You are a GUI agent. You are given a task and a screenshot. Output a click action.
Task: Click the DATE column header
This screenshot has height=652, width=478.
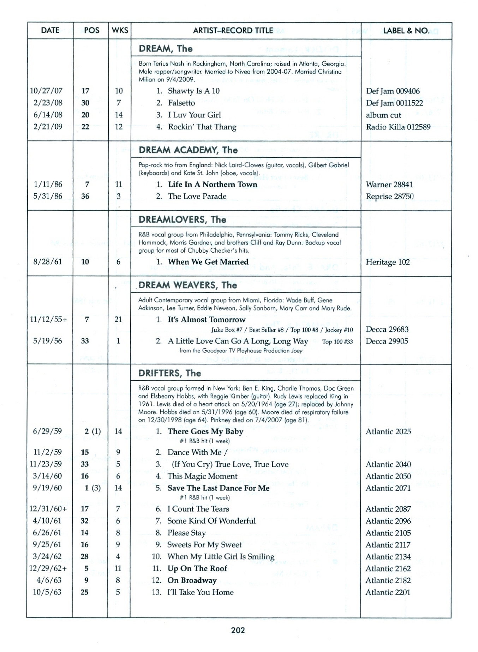point(50,31)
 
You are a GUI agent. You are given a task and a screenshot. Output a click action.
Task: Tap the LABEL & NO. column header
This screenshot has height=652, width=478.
point(406,31)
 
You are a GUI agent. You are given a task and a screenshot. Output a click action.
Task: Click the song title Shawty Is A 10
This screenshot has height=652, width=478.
point(193,91)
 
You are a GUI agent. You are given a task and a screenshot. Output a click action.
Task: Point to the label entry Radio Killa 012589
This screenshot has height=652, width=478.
point(398,127)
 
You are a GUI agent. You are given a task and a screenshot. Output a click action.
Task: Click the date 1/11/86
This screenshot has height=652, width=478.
point(48,184)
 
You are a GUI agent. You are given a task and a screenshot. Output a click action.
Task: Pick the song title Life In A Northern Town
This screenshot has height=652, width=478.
point(213,184)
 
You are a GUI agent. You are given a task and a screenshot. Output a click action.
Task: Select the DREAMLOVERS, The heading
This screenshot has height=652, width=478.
point(182,219)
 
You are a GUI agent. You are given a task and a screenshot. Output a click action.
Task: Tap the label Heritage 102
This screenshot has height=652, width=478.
point(388,262)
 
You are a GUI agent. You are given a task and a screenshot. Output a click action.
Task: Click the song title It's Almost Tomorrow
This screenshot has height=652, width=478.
point(207,320)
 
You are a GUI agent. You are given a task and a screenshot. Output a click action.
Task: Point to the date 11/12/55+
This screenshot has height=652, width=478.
point(48,320)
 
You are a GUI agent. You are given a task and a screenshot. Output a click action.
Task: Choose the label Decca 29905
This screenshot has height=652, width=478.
point(387,342)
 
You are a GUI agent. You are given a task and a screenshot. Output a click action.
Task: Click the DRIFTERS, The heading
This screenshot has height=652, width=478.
point(170,373)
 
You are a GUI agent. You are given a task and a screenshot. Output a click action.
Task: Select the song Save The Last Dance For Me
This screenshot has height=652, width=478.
point(218,488)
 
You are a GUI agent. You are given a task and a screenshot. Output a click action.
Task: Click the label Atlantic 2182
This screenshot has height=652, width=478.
point(388,580)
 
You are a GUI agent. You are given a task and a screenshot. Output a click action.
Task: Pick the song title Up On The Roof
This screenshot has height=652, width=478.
point(197,568)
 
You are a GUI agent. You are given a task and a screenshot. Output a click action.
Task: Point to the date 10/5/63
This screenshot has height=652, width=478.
point(47,592)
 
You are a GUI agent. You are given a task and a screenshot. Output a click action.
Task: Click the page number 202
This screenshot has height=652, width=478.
point(238,630)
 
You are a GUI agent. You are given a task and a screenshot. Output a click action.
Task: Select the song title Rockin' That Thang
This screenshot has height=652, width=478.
point(202,127)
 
